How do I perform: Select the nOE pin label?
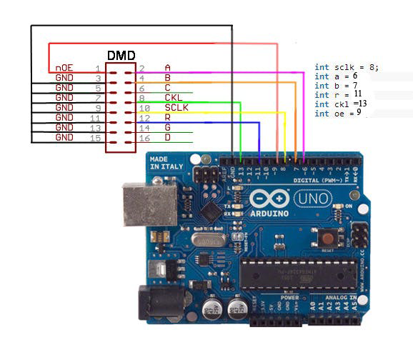[x=64, y=68]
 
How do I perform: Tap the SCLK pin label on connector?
[x=176, y=107]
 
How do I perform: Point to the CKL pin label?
[x=173, y=97]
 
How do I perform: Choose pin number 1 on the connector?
[x=97, y=68]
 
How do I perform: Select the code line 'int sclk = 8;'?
[x=347, y=67]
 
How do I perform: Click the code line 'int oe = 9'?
[x=338, y=114]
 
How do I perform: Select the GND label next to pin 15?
[x=64, y=136]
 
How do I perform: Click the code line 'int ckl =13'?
[x=342, y=104]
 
